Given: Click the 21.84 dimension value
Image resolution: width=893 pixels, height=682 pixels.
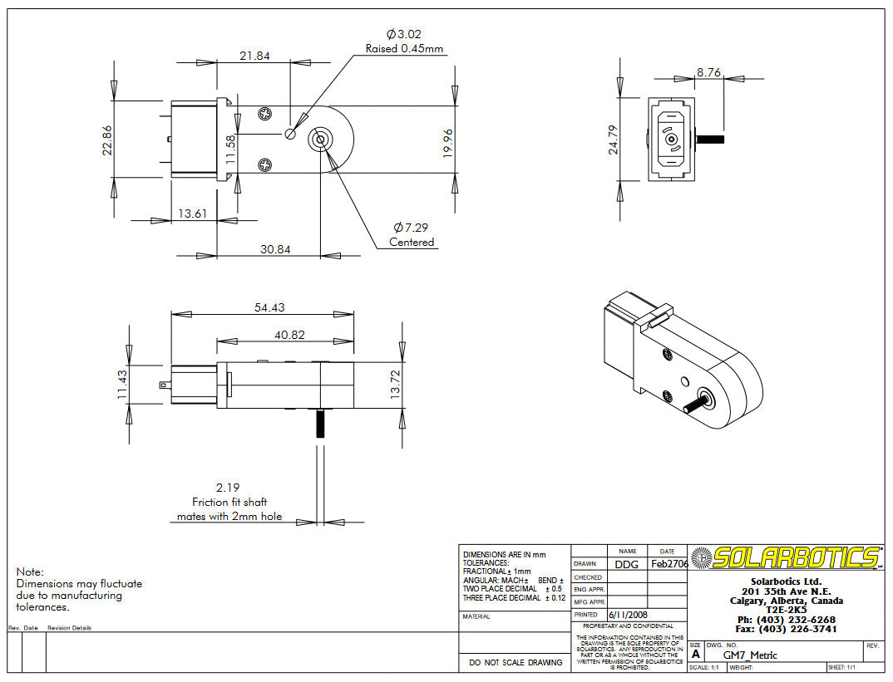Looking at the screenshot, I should click(x=254, y=56).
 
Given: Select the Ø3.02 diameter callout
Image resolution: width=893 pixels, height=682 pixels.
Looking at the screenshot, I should click(x=404, y=34).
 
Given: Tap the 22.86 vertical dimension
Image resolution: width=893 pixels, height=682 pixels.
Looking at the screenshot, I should click(x=107, y=139).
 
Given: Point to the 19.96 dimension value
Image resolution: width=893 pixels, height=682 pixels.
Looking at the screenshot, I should click(x=448, y=143).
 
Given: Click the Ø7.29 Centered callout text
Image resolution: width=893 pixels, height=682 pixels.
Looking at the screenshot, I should click(x=412, y=234).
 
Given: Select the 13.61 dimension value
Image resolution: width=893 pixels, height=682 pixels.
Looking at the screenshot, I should click(x=192, y=213).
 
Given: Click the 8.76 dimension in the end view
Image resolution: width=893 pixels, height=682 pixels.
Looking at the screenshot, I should click(x=709, y=72).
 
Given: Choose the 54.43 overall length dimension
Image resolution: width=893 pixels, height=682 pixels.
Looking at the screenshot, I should click(x=269, y=307).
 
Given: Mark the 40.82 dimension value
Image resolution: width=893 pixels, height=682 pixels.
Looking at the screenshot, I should click(x=289, y=335).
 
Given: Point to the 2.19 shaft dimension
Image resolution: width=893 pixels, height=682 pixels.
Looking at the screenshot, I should click(x=228, y=488).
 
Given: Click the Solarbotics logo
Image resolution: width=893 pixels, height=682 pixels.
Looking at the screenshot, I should click(x=787, y=557).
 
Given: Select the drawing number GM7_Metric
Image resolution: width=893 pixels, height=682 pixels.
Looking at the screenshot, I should click(x=750, y=655).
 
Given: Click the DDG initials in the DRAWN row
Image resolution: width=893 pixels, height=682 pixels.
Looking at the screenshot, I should click(x=627, y=564).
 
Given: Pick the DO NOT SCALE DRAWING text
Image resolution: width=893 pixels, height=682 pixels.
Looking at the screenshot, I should click(x=515, y=662).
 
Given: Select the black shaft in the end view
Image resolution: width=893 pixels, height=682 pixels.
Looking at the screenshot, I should click(x=713, y=139).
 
